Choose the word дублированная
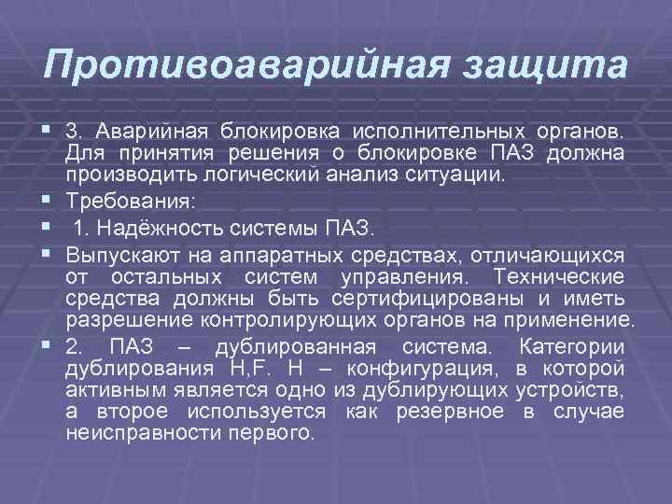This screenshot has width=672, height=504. [x=290, y=346]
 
